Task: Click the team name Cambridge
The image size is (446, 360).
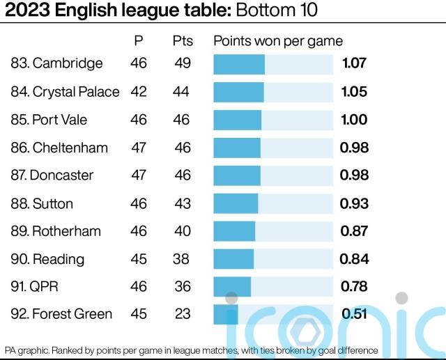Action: point(68,63)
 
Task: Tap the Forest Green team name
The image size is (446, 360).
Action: point(72,314)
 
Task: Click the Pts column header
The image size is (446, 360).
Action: point(183,41)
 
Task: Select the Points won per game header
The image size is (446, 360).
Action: point(278,41)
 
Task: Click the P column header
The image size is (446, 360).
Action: point(139,41)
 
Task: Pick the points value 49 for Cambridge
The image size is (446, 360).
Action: point(183,63)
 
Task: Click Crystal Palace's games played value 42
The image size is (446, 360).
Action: point(139,91)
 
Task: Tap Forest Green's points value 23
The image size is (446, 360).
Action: point(183,314)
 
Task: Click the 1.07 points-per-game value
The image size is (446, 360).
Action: point(354,63)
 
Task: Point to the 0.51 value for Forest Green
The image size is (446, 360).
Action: point(354,314)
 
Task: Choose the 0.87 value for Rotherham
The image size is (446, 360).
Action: point(354,230)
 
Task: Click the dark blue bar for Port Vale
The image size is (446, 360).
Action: point(237,119)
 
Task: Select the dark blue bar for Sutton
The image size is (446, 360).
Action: point(236,203)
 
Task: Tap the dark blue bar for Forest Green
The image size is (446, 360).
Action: point(226,314)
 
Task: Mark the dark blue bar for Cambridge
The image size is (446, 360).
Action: point(239,63)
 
